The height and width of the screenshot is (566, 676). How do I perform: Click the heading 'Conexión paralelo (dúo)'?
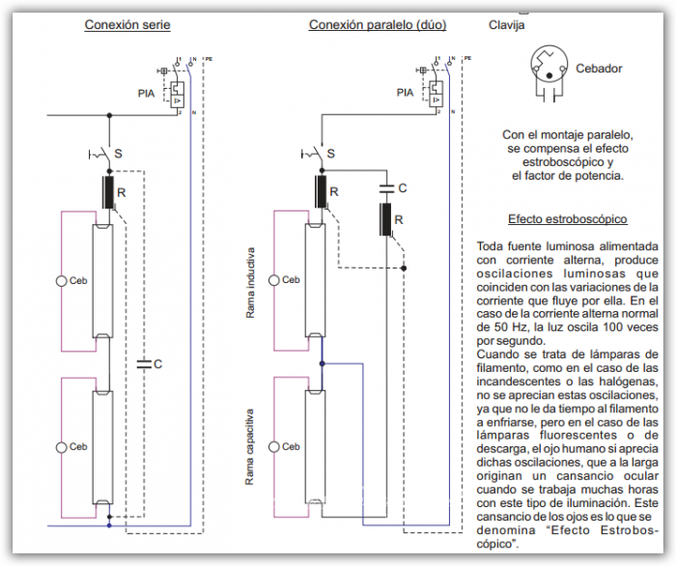378,24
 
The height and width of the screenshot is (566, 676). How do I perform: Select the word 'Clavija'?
507,25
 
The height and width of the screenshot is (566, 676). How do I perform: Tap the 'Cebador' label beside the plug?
599,69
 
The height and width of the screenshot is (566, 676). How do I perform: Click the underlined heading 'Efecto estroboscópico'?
568,219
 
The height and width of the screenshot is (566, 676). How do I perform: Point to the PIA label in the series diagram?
148,94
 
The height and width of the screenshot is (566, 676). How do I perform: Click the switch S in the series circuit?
100,154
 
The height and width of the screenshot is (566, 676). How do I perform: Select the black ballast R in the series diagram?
108,192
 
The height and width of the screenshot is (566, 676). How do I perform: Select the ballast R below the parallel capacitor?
385,220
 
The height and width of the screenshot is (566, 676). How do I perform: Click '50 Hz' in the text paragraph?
510,327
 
